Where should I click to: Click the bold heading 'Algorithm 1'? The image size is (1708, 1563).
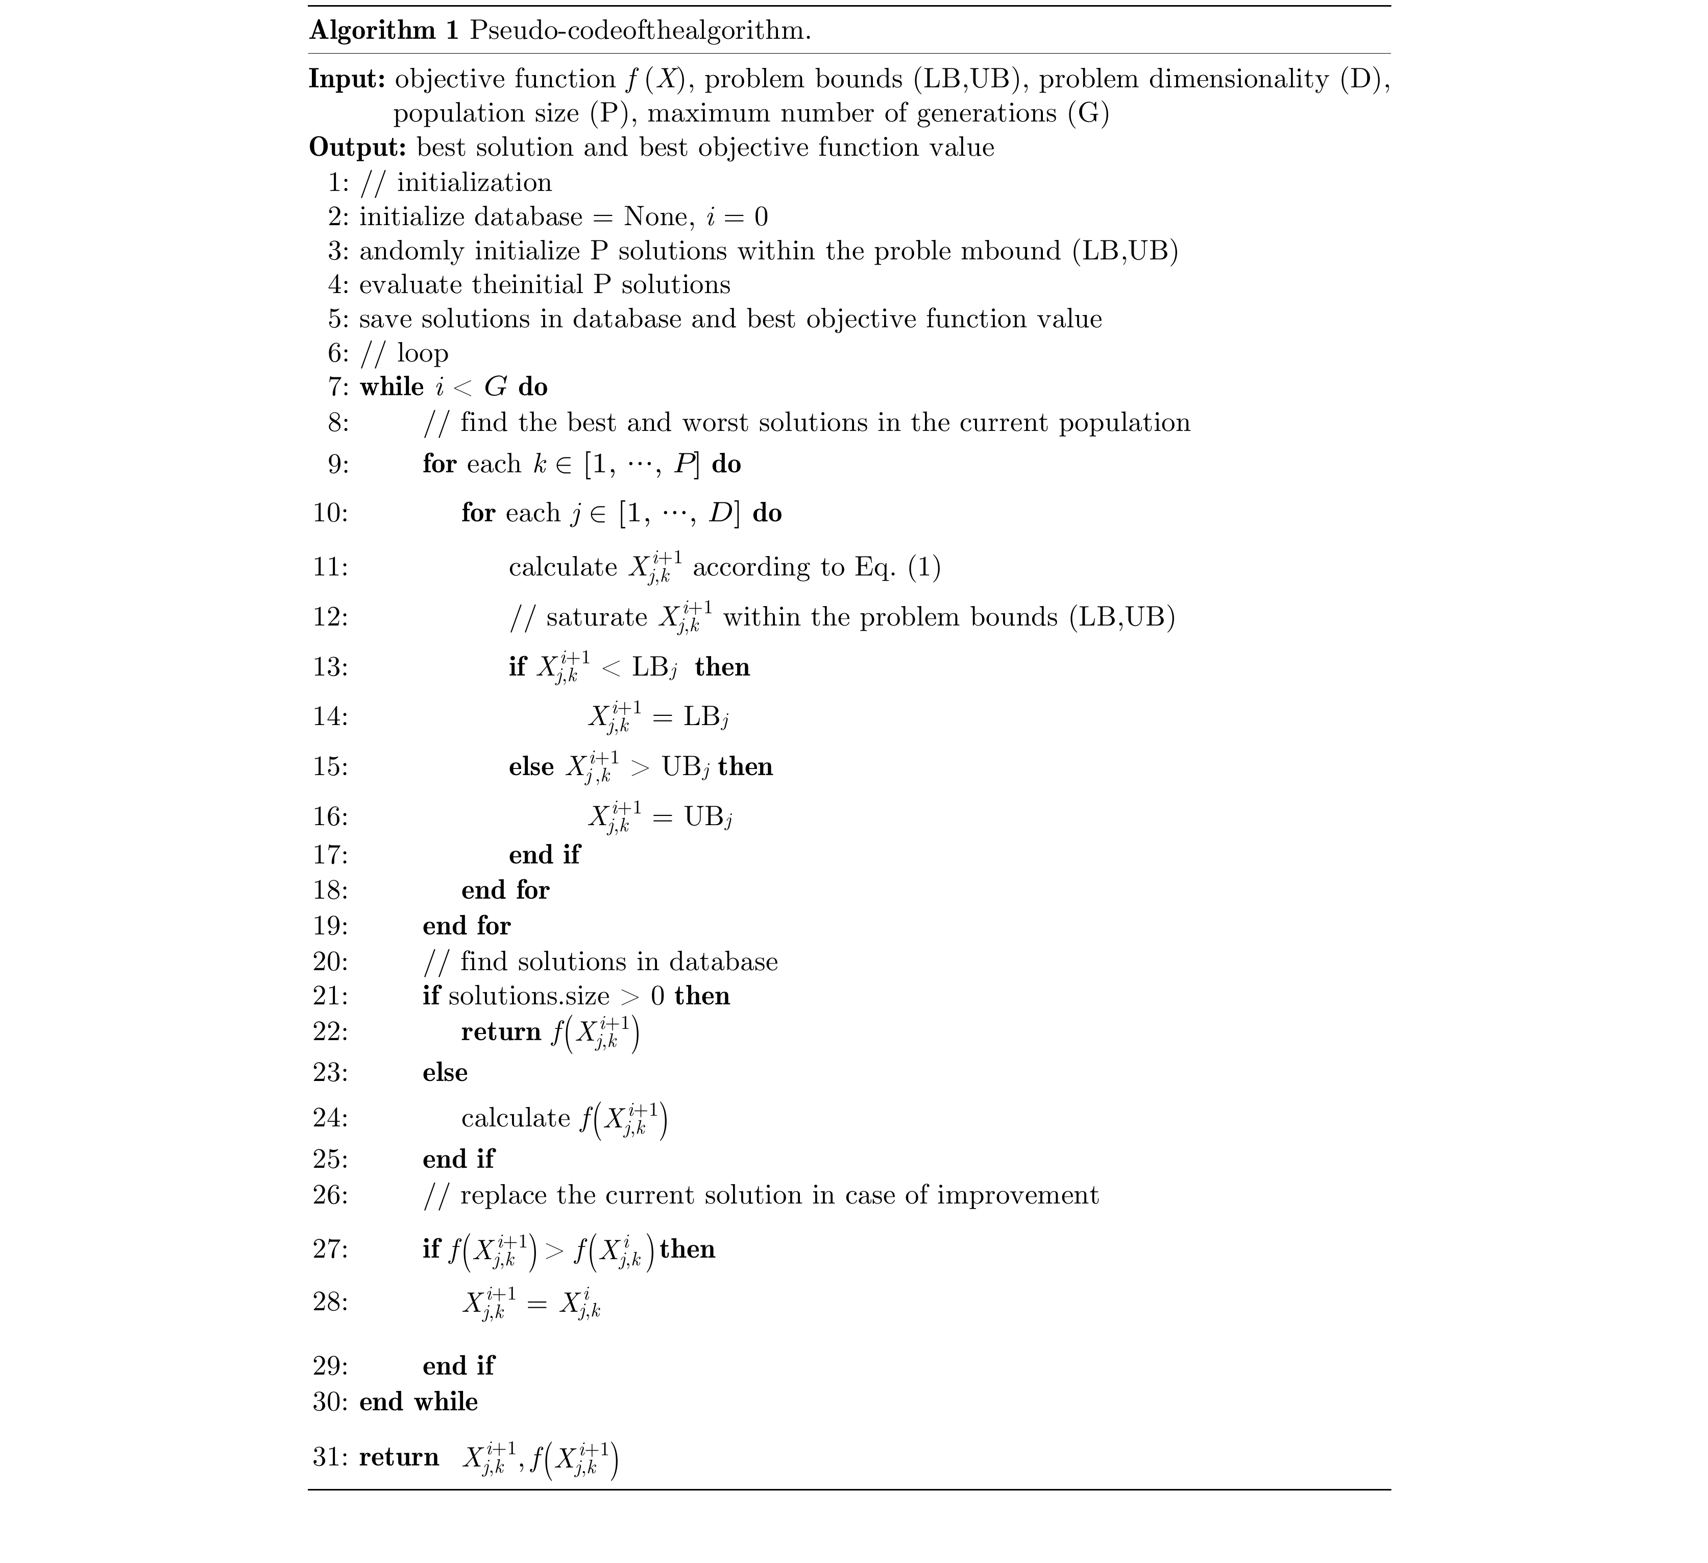(x=384, y=31)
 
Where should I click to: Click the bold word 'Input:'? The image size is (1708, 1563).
(x=347, y=79)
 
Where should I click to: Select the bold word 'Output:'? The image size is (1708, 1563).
(x=357, y=148)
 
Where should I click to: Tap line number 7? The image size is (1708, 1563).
(x=336, y=388)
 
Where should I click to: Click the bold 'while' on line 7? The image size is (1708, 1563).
(x=392, y=388)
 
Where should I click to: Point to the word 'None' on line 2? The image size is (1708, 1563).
(x=654, y=217)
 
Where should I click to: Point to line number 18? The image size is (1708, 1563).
(x=330, y=890)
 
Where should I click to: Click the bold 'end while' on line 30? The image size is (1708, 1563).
(x=419, y=1402)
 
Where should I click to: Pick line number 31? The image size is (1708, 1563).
(x=330, y=1457)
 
